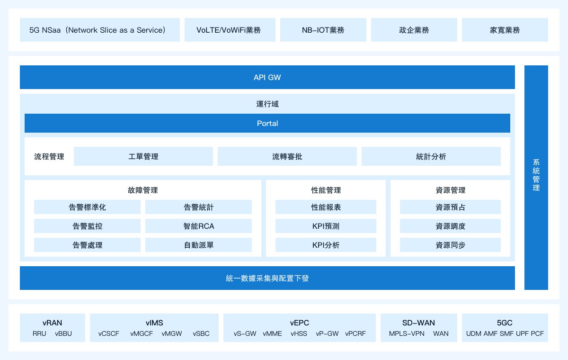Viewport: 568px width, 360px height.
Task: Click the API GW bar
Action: click(267, 77)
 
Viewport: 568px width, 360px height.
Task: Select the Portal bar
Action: click(267, 123)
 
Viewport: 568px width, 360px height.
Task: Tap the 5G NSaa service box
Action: click(100, 30)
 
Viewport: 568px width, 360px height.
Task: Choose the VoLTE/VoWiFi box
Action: click(230, 30)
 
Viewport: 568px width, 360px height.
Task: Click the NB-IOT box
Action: click(323, 30)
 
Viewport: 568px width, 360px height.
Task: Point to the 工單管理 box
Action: click(143, 156)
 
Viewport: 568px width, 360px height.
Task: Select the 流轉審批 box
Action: click(287, 156)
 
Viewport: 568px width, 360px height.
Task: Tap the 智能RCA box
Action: click(198, 226)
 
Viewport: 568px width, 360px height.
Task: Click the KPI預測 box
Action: click(326, 226)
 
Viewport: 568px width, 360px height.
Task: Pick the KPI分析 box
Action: click(326, 245)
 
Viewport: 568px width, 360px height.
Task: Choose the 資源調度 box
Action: click(450, 226)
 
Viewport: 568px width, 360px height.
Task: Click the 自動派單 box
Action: click(198, 245)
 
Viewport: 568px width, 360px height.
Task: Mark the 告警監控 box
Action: click(87, 226)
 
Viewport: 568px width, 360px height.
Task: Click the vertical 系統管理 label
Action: click(536, 175)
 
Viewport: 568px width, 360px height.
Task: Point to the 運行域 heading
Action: click(267, 104)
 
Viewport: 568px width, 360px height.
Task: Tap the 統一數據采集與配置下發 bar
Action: click(267, 278)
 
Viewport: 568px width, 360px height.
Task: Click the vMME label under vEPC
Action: click(272, 333)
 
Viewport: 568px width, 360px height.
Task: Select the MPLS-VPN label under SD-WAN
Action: click(407, 333)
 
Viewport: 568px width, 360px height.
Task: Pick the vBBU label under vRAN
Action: click(63, 333)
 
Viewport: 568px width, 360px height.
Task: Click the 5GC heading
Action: click(505, 323)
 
